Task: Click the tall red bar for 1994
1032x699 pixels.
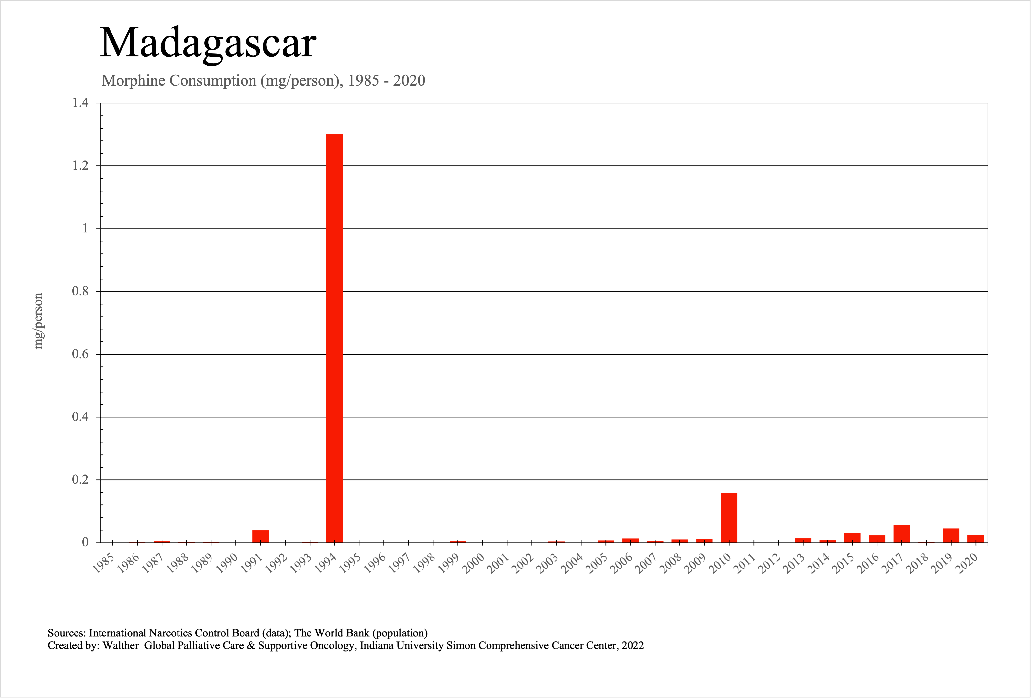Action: pyautogui.click(x=334, y=337)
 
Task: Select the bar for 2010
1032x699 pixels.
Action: pyautogui.click(x=729, y=517)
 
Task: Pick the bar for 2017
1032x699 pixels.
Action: pyautogui.click(x=901, y=534)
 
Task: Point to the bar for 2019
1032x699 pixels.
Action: pyautogui.click(x=951, y=535)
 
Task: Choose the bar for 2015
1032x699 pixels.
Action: pyautogui.click(x=852, y=537)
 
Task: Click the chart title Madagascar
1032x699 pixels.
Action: pyautogui.click(x=208, y=43)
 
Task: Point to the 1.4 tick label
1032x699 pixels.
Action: pyautogui.click(x=80, y=103)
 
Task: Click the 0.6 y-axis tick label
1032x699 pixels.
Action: pyautogui.click(x=80, y=354)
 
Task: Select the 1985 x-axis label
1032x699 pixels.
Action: pyautogui.click(x=103, y=563)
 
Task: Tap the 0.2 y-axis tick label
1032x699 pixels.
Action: pyautogui.click(x=80, y=480)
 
